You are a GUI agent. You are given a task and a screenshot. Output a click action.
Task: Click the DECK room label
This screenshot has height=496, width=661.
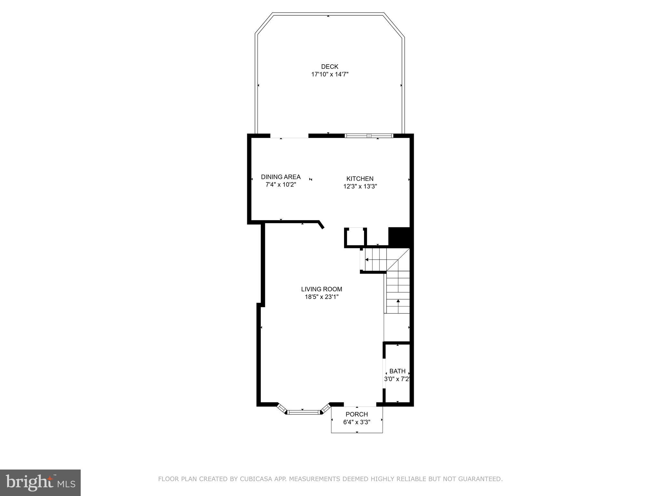click(x=330, y=67)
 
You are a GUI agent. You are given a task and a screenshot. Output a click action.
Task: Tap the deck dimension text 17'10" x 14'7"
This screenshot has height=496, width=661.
click(x=330, y=74)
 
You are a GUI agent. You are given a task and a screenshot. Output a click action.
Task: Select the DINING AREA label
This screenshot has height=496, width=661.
click(x=280, y=177)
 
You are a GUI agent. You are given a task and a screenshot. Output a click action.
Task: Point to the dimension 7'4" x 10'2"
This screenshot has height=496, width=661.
click(x=280, y=185)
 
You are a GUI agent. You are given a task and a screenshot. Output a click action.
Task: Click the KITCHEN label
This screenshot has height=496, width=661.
click(x=360, y=179)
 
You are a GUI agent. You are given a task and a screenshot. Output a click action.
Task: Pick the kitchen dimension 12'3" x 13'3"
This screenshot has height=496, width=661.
click(x=360, y=186)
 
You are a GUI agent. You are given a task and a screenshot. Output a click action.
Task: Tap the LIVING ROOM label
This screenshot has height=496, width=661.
click(x=321, y=289)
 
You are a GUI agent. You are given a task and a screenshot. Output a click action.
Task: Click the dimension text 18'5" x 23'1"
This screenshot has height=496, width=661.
click(x=321, y=297)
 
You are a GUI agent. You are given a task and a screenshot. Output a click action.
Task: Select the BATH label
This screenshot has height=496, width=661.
click(x=397, y=371)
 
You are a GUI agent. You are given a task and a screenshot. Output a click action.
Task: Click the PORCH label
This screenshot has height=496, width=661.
click(x=357, y=414)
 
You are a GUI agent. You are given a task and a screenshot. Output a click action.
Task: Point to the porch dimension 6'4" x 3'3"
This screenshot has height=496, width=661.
click(x=357, y=422)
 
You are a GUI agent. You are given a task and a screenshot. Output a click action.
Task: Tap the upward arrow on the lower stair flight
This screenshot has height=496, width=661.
click(x=398, y=301)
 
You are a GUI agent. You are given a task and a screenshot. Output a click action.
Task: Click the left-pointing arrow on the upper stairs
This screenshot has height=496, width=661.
click(x=367, y=259)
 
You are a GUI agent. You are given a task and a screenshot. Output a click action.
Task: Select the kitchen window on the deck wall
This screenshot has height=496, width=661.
click(x=369, y=136)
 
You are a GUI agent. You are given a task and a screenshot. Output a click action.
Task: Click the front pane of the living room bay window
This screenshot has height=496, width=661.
click(x=303, y=412)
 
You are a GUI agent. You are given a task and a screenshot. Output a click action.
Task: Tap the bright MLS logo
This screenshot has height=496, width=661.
click(x=40, y=482)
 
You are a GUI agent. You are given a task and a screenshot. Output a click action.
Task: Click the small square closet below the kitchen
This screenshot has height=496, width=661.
click(x=355, y=237)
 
